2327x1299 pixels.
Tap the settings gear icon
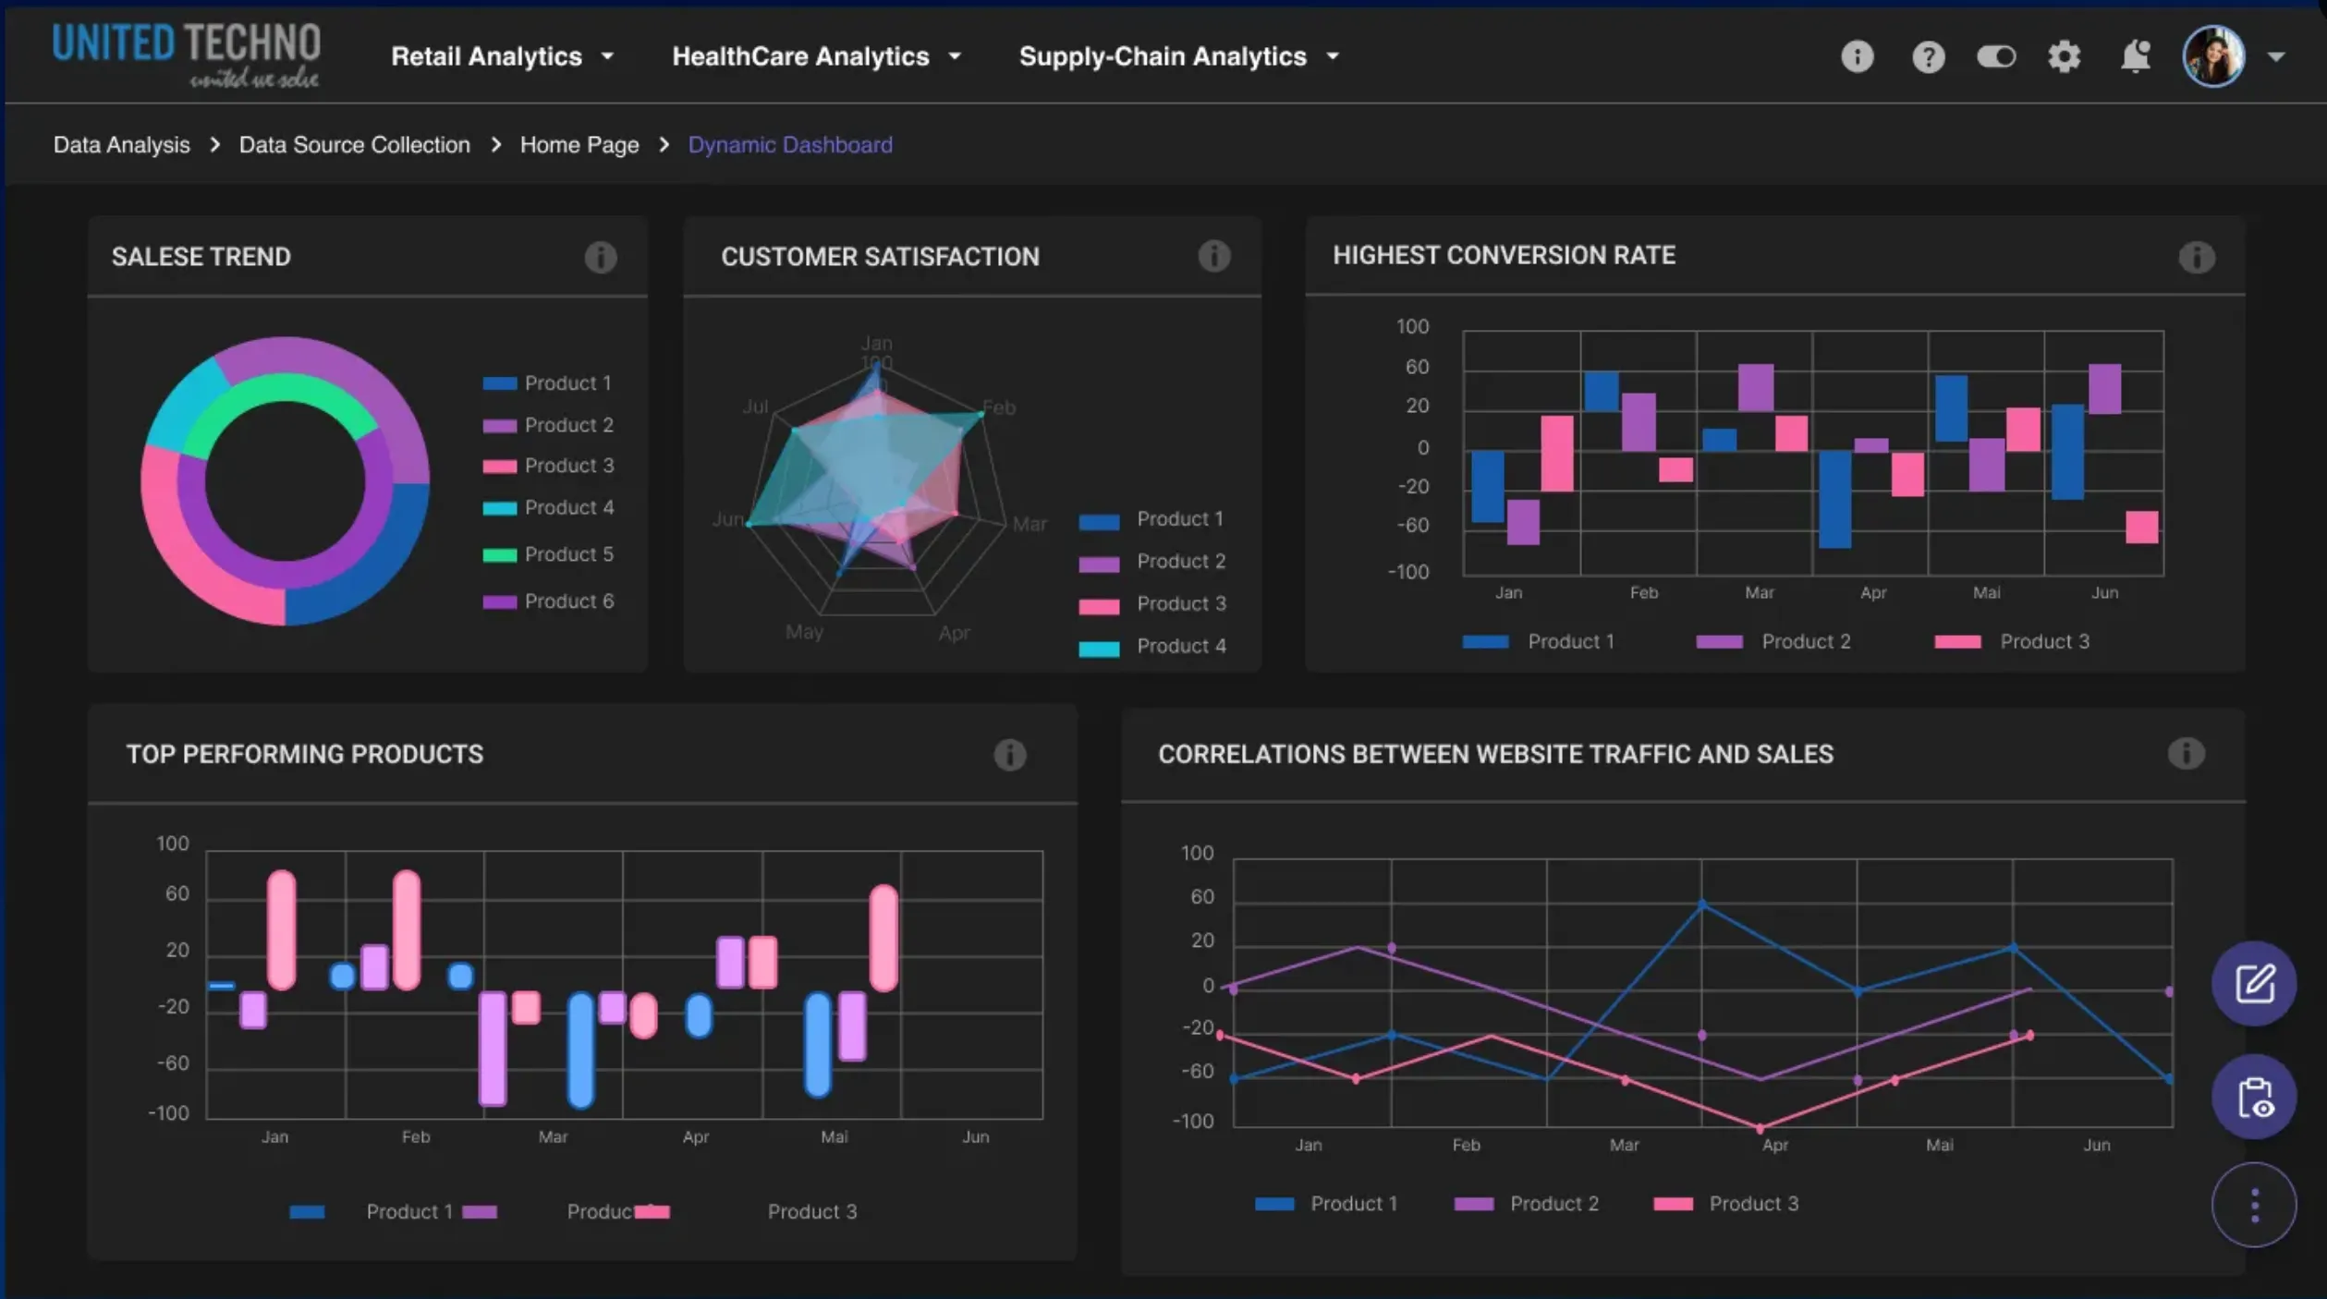click(x=2064, y=56)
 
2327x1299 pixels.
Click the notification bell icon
click(x=2135, y=56)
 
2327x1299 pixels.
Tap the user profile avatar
click(x=2213, y=56)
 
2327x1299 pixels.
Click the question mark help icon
click(x=1928, y=57)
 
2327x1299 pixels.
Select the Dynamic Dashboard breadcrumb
click(x=790, y=145)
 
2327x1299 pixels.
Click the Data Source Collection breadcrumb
click(x=354, y=145)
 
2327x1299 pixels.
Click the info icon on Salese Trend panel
click(x=600, y=257)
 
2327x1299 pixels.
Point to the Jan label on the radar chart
click(x=876, y=344)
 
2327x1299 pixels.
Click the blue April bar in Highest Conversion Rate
click(x=1834, y=499)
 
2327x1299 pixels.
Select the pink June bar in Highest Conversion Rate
click(x=2141, y=528)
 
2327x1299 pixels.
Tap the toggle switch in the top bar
click(x=1995, y=57)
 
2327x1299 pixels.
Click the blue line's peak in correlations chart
click(x=1702, y=904)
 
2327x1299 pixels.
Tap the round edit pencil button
click(x=2254, y=983)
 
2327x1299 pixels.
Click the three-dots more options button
click(x=2254, y=1205)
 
